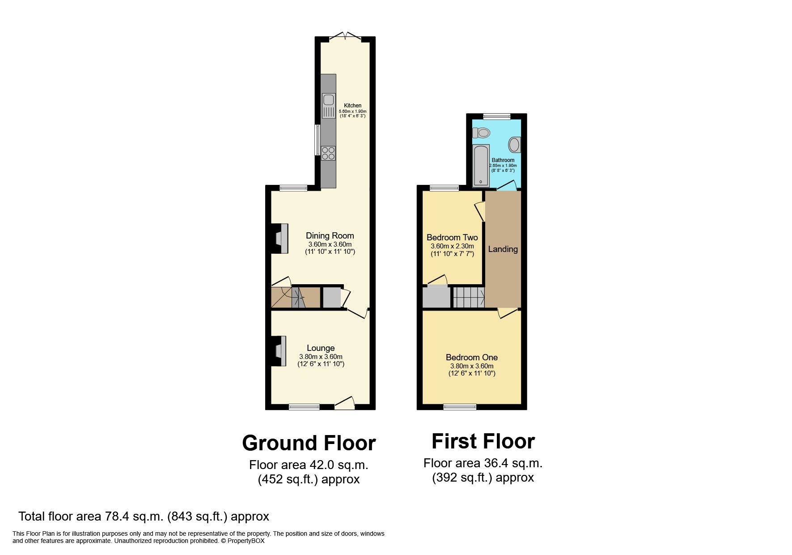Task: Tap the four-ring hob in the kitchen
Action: [x=328, y=153]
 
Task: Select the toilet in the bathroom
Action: [x=481, y=133]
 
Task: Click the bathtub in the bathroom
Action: [x=481, y=165]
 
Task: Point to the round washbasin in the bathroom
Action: [x=514, y=145]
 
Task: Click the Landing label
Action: [x=503, y=249]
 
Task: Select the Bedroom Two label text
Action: [x=452, y=238]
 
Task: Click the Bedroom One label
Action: [x=471, y=357]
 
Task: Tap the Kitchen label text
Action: [x=352, y=106]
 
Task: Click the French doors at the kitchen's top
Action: [x=345, y=37]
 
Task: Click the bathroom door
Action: [x=507, y=186]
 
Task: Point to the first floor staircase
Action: [x=469, y=297]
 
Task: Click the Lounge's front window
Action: [x=304, y=407]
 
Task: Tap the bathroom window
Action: [x=496, y=116]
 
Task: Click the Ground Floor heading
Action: [x=309, y=443]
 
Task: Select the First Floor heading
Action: [x=483, y=441]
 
